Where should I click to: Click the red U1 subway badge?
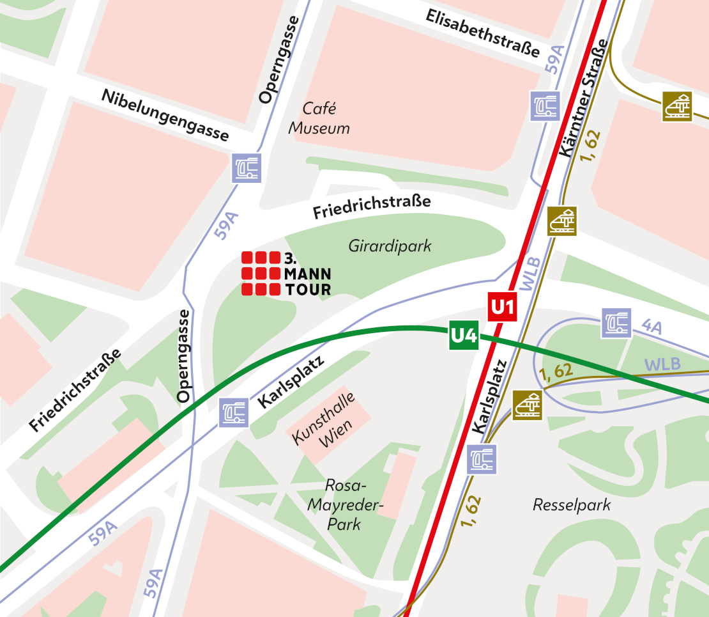point(502,308)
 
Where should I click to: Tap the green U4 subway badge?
point(464,336)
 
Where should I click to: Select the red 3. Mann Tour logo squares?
point(261,274)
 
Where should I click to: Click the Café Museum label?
point(319,119)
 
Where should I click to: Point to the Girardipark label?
point(390,246)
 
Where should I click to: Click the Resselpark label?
point(572,505)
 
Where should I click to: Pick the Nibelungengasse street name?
point(165,114)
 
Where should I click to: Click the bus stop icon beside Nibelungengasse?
point(247,168)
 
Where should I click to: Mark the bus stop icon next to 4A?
point(616,323)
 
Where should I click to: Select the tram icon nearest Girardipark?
point(561,221)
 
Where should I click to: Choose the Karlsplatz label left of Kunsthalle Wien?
point(291,382)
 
